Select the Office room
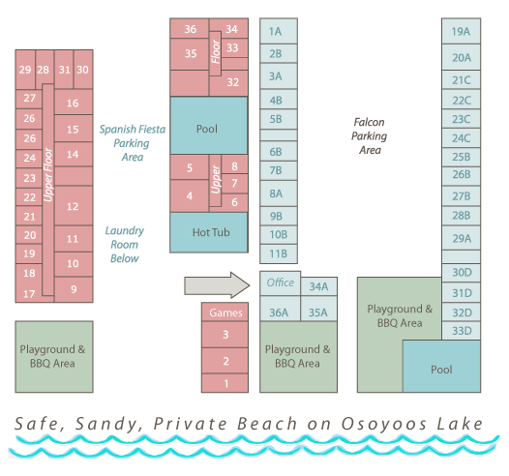[x=280, y=283]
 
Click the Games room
[x=225, y=312]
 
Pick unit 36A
[x=280, y=312]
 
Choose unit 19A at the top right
[x=461, y=32]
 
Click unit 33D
[x=462, y=332]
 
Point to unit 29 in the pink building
[x=25, y=70]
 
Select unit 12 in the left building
[x=73, y=205]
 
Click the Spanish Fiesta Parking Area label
[x=132, y=142]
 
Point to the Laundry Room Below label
[x=124, y=244]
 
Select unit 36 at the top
[x=191, y=29]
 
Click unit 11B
[x=277, y=253]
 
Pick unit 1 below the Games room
[x=226, y=383]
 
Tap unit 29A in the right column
[x=462, y=238]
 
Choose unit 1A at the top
[x=276, y=31]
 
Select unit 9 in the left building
[x=73, y=288]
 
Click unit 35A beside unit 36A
[x=318, y=312]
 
